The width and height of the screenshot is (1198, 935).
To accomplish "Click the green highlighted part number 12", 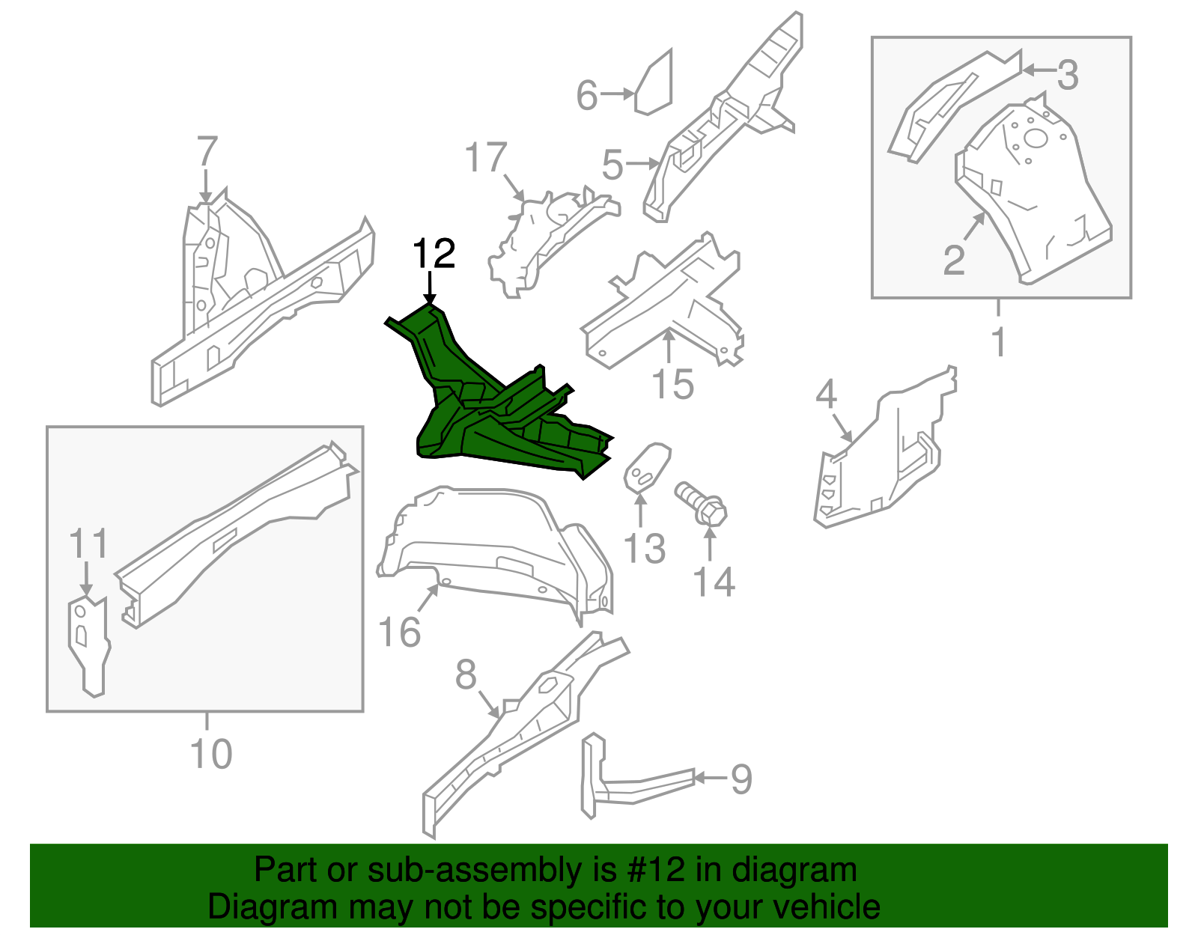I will (x=494, y=419).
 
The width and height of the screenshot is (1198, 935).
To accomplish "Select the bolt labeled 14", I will (x=702, y=504).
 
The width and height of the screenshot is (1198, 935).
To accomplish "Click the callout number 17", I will (x=485, y=159).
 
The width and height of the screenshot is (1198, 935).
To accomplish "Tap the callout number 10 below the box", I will (x=211, y=754).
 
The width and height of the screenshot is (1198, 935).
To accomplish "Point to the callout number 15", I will (x=672, y=384).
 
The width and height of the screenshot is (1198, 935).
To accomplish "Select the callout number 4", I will (x=826, y=394).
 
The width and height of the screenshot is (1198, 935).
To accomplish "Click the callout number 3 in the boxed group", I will (x=1068, y=75).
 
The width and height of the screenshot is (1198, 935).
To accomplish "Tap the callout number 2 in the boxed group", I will (x=953, y=261).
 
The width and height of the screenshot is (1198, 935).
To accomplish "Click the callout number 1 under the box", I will (x=998, y=342).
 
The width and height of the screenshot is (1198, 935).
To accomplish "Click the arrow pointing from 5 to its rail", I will (x=642, y=162).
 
